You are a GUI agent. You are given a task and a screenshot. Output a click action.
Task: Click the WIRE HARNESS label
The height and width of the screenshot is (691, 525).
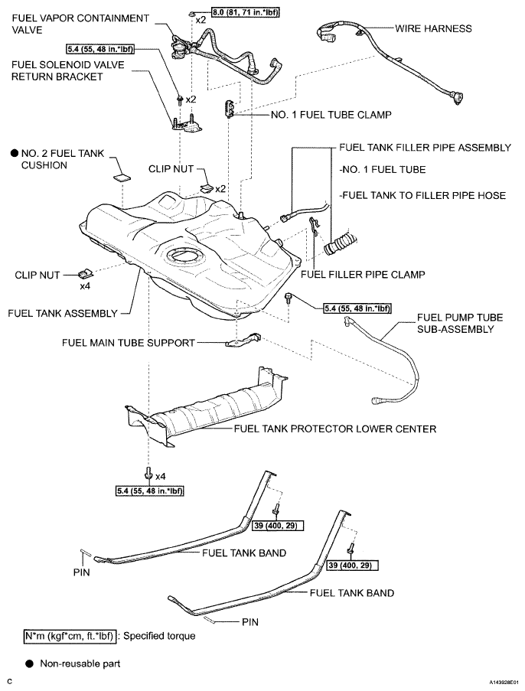click(x=433, y=28)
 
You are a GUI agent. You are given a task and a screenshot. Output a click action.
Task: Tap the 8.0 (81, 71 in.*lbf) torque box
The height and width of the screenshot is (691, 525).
click(x=246, y=12)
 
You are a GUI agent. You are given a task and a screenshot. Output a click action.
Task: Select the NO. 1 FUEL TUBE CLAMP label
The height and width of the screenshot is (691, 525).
click(x=331, y=115)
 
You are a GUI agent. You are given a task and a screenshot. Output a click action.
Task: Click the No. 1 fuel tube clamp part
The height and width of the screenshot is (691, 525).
click(x=230, y=109)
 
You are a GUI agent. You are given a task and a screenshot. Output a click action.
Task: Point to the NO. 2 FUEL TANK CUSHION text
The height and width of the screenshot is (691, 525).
click(x=63, y=159)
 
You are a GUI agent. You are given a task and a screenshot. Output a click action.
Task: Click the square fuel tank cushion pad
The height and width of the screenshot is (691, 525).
click(x=122, y=178)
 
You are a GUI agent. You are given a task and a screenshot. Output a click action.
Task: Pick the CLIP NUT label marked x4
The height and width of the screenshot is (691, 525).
click(x=37, y=275)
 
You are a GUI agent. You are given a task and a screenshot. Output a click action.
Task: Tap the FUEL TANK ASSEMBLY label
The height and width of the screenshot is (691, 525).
click(x=63, y=313)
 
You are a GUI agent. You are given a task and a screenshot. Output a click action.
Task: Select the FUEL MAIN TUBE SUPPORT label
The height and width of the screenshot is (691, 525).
click(x=129, y=343)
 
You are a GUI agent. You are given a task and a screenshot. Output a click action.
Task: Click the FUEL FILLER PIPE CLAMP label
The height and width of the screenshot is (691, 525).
click(x=363, y=275)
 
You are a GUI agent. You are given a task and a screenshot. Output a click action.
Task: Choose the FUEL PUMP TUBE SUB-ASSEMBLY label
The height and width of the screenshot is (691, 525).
click(x=460, y=324)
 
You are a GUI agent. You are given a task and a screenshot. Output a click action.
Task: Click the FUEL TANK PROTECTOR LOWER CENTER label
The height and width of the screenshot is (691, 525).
click(x=335, y=429)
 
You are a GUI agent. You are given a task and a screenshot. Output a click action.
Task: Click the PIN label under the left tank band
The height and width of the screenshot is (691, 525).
click(x=82, y=572)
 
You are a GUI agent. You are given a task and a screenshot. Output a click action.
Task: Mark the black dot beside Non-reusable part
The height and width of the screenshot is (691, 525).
click(x=30, y=663)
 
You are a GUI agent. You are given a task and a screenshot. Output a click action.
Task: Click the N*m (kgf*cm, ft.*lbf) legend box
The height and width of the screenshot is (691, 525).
click(x=70, y=637)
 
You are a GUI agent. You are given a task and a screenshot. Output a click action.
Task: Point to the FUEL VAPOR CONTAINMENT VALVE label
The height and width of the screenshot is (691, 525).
click(x=80, y=24)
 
